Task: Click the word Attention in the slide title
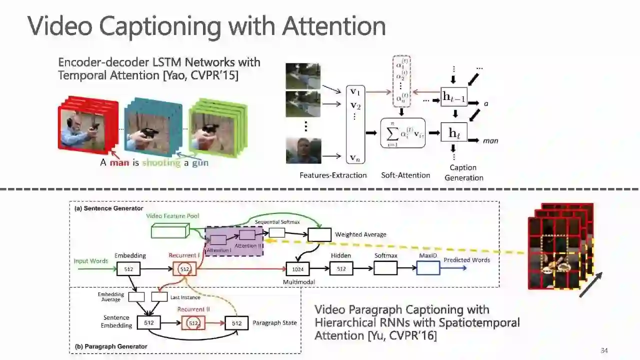pyautogui.click(x=333, y=26)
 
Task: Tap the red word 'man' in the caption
pyautogui.click(x=119, y=162)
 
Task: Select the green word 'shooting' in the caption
pyautogui.click(x=161, y=162)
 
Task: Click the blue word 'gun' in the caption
pyautogui.click(x=200, y=162)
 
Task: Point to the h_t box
pyautogui.click(x=454, y=132)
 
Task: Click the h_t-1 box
pyautogui.click(x=454, y=97)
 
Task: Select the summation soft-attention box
pyautogui.click(x=402, y=133)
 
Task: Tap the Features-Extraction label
pyautogui.click(x=333, y=175)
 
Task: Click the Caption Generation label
pyautogui.click(x=463, y=172)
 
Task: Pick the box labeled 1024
pyautogui.click(x=298, y=269)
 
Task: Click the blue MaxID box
pyautogui.click(x=428, y=268)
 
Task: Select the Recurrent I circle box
pyautogui.click(x=184, y=269)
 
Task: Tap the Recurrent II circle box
pyautogui.click(x=193, y=323)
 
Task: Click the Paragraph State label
pyautogui.click(x=274, y=323)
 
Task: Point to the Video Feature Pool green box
pyautogui.click(x=169, y=230)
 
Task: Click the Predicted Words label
pyautogui.click(x=466, y=260)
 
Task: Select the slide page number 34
pyautogui.click(x=604, y=350)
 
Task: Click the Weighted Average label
pyautogui.click(x=360, y=234)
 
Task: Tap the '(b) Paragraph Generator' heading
pyautogui.click(x=111, y=346)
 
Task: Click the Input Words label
pyautogui.click(x=91, y=261)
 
